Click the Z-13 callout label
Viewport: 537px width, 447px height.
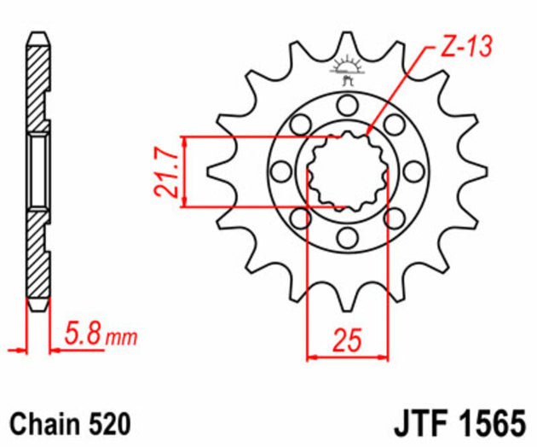[467, 48]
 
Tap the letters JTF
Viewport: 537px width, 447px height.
[424, 423]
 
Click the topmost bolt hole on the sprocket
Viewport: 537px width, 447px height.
[346, 107]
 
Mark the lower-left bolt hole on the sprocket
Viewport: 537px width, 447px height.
[300, 219]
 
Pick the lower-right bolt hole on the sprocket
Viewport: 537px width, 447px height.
[393, 219]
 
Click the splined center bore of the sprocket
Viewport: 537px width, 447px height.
[346, 171]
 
